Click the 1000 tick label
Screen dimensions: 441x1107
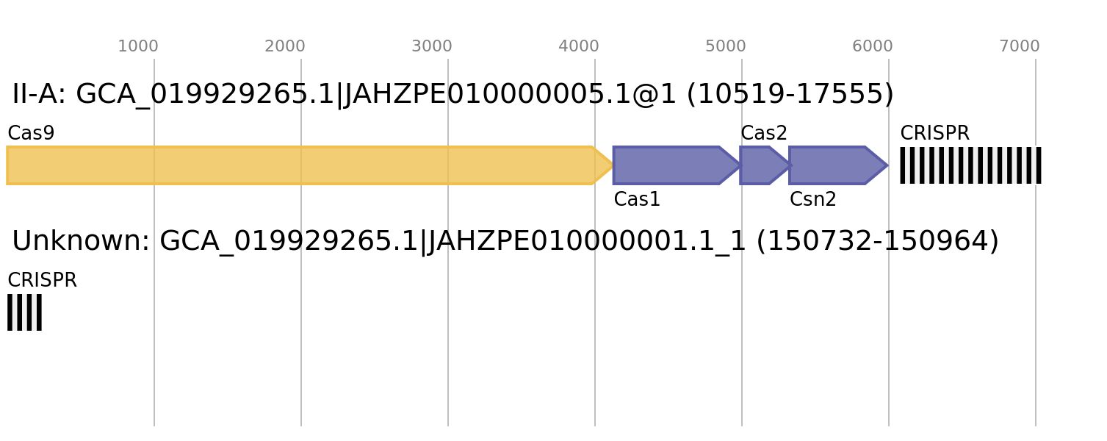[137, 46]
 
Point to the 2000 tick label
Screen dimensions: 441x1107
[284, 46]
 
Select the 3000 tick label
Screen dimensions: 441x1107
[431, 46]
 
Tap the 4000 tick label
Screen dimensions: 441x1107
[578, 46]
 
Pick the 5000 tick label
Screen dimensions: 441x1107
[725, 46]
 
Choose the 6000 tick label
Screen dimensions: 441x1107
[872, 46]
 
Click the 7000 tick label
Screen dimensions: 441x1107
[1019, 46]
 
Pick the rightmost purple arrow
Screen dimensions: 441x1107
[834, 165]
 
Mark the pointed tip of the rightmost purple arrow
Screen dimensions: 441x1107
[887, 165]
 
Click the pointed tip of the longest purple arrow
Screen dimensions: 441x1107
[739, 165]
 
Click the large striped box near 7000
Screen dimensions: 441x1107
[970, 165]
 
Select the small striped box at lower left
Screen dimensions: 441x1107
[24, 312]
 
